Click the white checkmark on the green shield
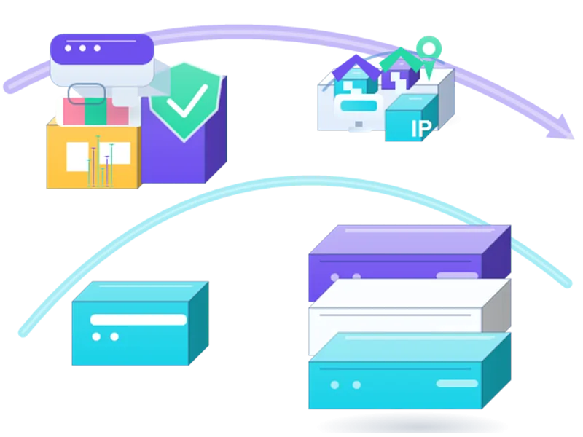pos(187,101)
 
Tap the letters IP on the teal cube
pos(422,129)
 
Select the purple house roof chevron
pos(356,67)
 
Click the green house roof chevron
pos(402,60)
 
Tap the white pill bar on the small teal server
pos(138,320)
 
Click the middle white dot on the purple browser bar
pos(82,48)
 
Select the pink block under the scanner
pos(74,111)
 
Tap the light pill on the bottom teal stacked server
pos(457,384)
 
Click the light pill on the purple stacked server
pos(457,275)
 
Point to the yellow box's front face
pos(93,157)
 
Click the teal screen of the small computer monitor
pos(359,106)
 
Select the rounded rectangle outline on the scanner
pos(87,94)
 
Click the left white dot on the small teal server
pos(96,336)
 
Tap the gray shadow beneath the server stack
pos(409,424)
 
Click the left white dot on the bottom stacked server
pos(334,385)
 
